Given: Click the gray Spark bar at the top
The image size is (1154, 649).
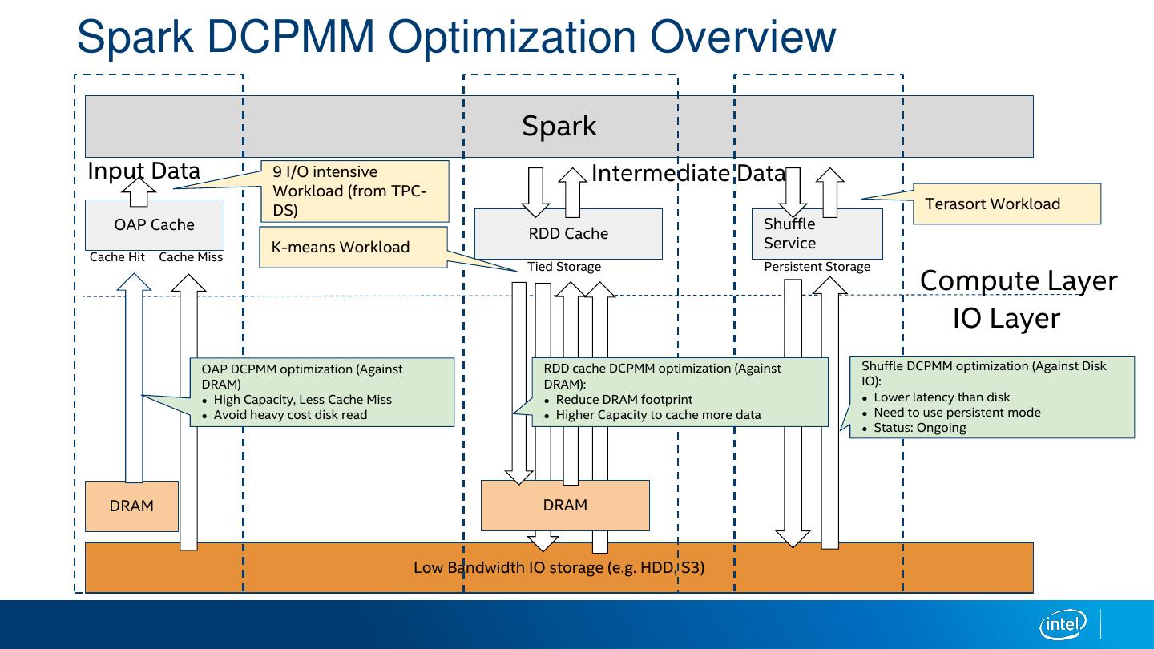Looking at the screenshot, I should [559, 126].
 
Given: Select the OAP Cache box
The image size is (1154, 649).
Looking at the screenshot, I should [154, 225].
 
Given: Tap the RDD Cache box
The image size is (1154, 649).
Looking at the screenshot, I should [568, 234].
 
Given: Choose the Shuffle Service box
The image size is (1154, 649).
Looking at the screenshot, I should [817, 234].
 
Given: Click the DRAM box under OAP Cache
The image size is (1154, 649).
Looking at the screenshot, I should [131, 506].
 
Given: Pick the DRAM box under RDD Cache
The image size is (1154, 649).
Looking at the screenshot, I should [565, 505].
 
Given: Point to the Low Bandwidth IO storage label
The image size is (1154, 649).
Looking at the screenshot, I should [559, 567].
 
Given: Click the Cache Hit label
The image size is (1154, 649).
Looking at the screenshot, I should [117, 257].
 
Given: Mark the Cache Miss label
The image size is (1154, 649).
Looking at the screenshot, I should [191, 257].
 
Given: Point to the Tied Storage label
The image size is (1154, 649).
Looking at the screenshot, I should [563, 267].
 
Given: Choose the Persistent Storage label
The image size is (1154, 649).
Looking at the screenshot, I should [817, 267].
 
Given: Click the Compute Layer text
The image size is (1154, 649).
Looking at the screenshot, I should [1018, 280].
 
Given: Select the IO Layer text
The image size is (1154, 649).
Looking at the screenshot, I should [1006, 318].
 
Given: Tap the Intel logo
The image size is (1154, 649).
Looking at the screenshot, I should [1063, 623].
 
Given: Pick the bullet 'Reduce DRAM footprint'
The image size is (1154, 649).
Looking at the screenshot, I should [623, 400].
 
